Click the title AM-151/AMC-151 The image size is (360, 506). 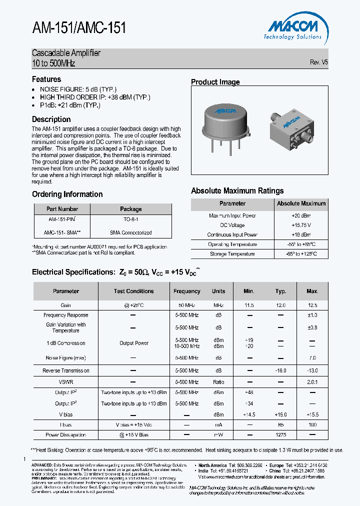click(79, 28)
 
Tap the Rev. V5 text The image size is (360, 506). click(319, 62)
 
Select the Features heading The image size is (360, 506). click(46, 79)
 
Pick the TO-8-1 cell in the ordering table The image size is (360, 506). click(130, 219)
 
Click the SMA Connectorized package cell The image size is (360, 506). click(130, 232)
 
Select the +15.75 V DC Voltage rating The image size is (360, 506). click(301, 225)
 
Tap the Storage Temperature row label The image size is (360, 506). click(232, 254)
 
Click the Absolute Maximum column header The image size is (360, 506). click(301, 203)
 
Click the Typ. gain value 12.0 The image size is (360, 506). click(280, 305)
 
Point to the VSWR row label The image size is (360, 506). click(66, 382)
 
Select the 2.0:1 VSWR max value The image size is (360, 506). click(312, 382)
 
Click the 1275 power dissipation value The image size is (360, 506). click(280, 435)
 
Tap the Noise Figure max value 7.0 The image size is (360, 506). click(312, 358)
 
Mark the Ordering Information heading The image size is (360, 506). click(67, 194)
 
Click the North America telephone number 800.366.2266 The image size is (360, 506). click(249, 465)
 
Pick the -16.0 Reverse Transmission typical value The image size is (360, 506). click(280, 370)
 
